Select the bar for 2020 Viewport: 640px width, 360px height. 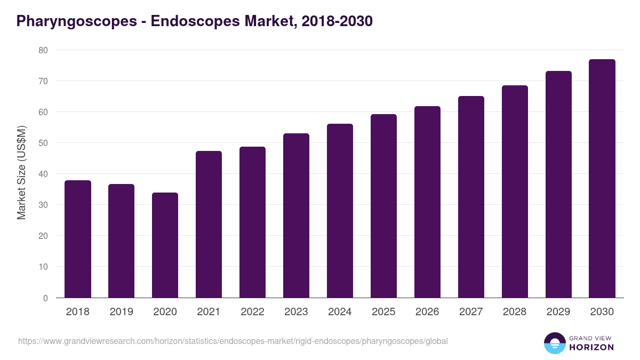[x=165, y=245]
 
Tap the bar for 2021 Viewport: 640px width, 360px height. [x=209, y=225]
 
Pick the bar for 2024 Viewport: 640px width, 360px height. [x=340, y=211]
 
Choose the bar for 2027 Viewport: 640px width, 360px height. [x=471, y=197]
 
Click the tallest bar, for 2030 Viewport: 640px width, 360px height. [x=602, y=179]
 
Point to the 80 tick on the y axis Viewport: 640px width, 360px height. [x=43, y=50]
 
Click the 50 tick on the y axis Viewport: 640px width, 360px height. [x=43, y=143]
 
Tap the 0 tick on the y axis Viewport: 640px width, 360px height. [x=45, y=298]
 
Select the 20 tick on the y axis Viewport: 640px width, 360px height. [x=43, y=236]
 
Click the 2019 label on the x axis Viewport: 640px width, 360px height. [x=121, y=312]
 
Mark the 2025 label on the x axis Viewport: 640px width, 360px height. [x=383, y=312]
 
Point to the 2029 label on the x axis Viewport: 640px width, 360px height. [x=558, y=312]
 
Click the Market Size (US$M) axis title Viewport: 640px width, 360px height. [x=21, y=173]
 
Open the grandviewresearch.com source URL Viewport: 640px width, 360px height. [x=233, y=341]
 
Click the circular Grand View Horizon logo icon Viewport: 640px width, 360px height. [x=555, y=343]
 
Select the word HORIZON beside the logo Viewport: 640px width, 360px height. [x=591, y=347]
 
